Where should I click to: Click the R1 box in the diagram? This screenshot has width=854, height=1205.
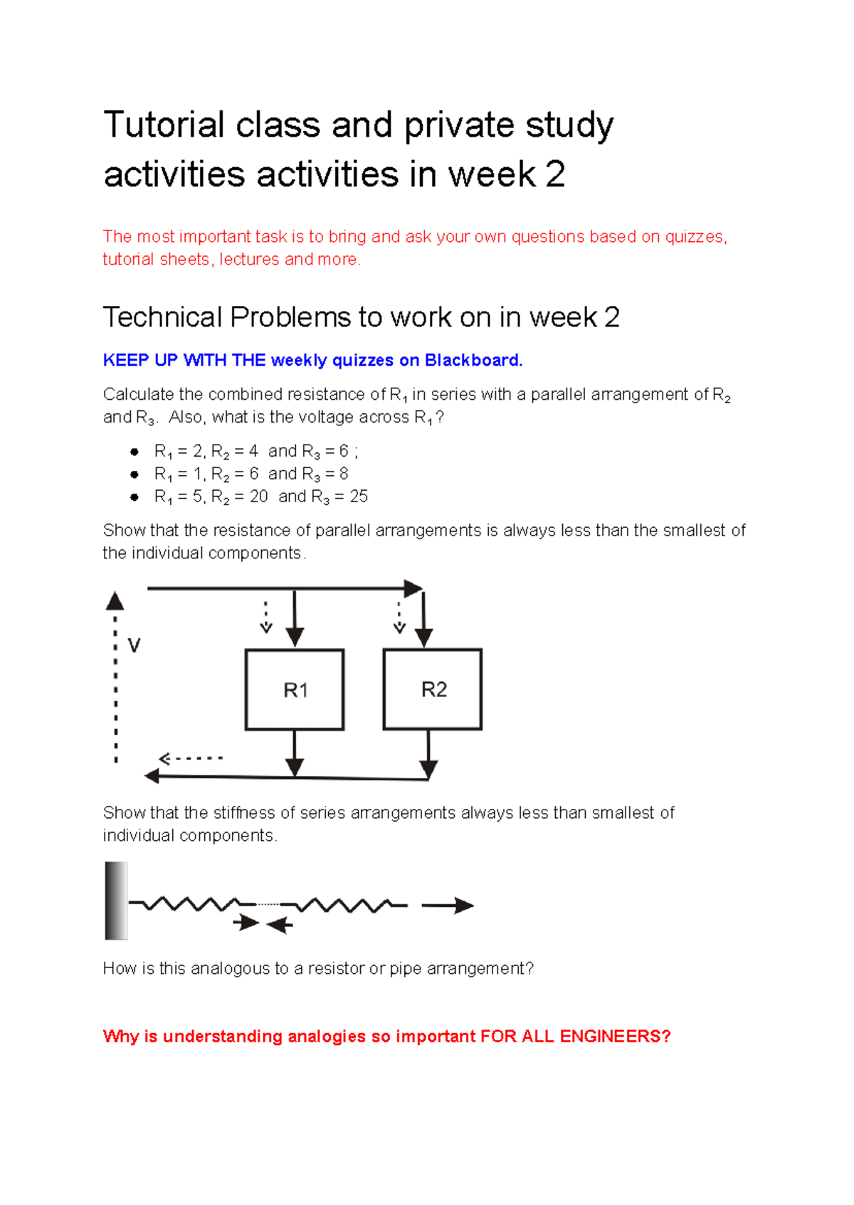click(295, 689)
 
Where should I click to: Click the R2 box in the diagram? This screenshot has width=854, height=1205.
click(433, 689)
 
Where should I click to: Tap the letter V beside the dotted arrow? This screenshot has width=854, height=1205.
click(134, 646)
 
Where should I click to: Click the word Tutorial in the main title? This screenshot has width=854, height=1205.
click(164, 125)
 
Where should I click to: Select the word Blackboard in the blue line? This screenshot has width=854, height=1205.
click(473, 361)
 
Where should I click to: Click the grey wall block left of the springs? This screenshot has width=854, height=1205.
click(116, 901)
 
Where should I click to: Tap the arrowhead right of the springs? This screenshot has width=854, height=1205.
click(463, 906)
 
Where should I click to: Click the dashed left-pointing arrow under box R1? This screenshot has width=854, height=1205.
click(191, 758)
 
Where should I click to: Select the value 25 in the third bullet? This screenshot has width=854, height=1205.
click(359, 497)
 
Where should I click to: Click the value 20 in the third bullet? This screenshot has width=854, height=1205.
click(259, 497)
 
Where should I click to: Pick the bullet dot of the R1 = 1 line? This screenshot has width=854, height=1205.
click(134, 474)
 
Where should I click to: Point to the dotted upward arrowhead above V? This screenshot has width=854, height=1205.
click(115, 602)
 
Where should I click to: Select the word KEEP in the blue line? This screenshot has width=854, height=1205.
click(126, 361)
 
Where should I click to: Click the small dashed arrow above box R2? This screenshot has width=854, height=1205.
click(399, 617)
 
